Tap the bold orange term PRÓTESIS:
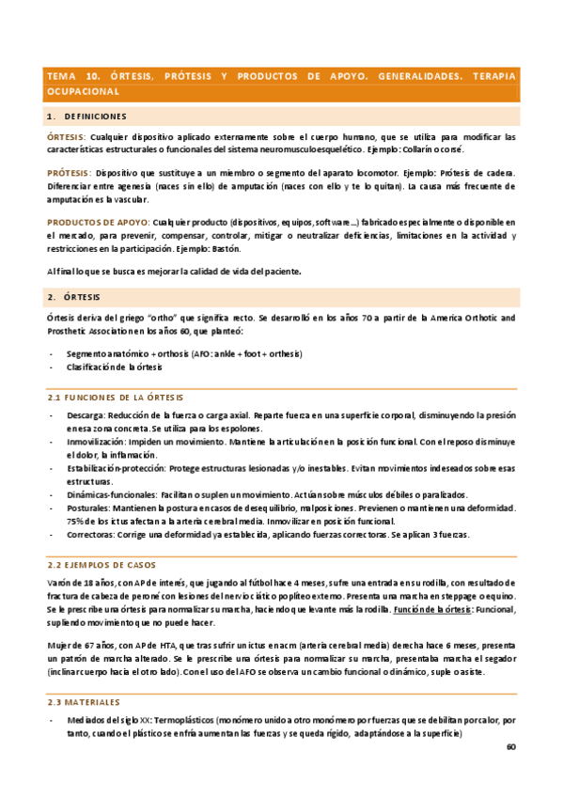pos(70,173)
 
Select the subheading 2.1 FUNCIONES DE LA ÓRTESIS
pos(116,398)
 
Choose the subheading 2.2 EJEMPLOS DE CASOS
pos(102,565)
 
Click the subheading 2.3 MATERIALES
pos(84,702)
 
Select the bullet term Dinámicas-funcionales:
pos(112,494)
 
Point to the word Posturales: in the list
pos(89,508)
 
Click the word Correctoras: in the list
pos(92,535)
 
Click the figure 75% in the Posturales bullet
pos(75,521)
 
